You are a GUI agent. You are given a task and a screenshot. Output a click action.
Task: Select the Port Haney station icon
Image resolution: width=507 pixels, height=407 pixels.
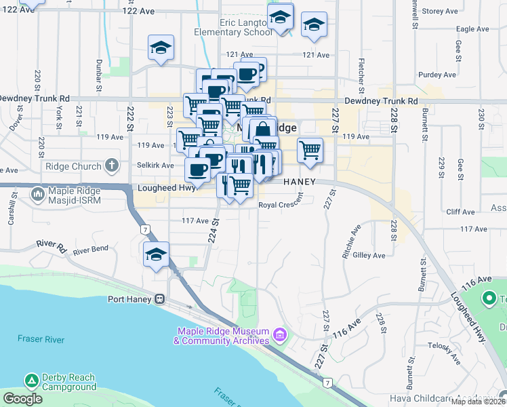(x=160, y=298)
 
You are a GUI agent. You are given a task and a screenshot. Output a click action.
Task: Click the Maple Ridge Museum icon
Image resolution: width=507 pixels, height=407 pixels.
(x=279, y=334)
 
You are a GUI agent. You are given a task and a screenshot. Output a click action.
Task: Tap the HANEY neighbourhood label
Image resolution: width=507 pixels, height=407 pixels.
(x=300, y=182)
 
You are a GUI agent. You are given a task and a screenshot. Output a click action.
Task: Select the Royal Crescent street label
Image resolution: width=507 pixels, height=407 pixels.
(x=280, y=204)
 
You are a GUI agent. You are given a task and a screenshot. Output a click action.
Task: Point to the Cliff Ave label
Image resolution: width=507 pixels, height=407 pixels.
(x=460, y=212)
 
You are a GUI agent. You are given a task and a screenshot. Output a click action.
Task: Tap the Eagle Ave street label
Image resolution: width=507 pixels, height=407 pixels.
(x=472, y=29)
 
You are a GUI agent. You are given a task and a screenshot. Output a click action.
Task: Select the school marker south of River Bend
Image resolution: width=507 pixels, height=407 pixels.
(x=156, y=255)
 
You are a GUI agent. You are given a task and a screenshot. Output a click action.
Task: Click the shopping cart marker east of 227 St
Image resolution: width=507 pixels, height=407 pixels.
(x=310, y=150)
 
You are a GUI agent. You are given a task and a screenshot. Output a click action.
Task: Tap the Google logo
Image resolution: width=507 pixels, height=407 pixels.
(x=22, y=399)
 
